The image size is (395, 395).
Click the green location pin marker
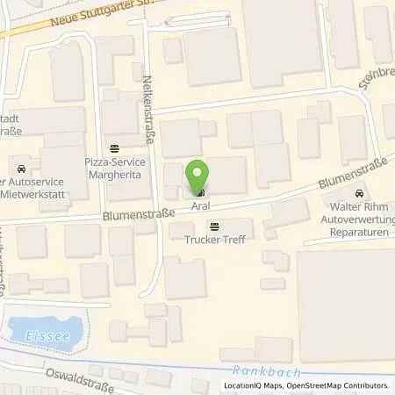tap(200, 174)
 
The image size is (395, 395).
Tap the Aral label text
tap(201, 205)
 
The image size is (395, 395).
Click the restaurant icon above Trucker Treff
tap(215, 226)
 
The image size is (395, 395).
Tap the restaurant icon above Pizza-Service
tap(114, 148)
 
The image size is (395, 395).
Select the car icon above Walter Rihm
tap(358, 193)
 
